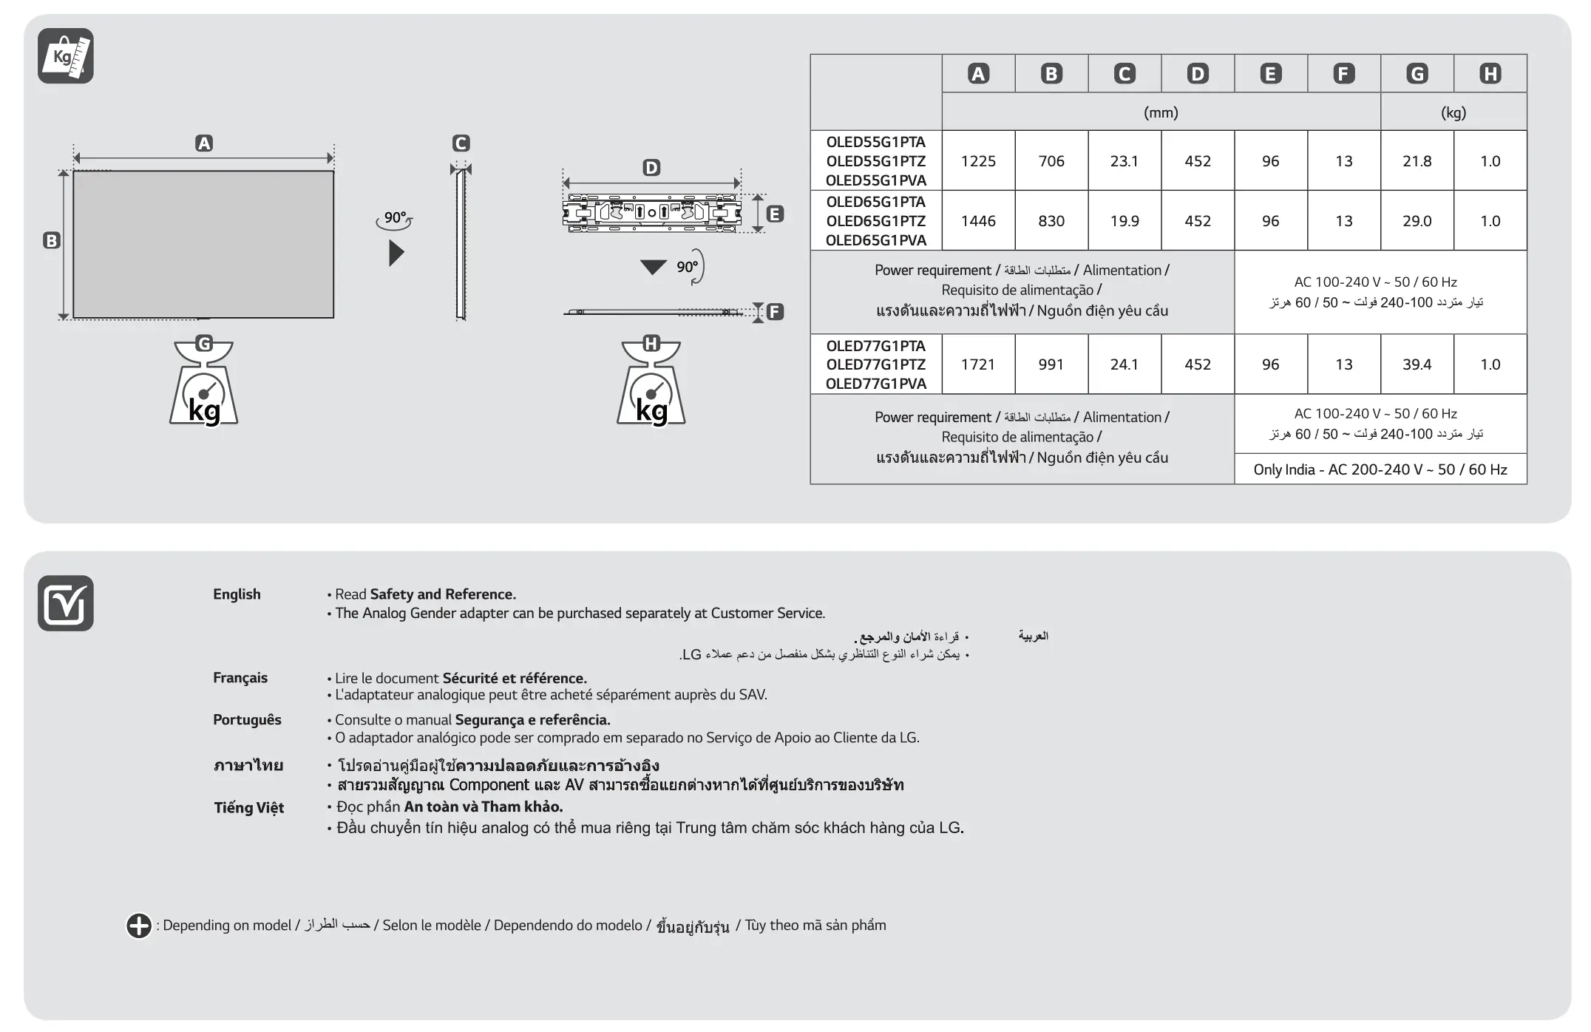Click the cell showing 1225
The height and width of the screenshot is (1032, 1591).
tap(978, 161)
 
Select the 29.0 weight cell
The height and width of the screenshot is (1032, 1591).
tap(1417, 221)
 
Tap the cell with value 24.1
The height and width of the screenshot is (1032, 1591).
tap(1124, 364)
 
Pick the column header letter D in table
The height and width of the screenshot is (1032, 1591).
tap(1197, 74)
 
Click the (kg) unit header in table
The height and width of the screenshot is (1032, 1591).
tap(1453, 112)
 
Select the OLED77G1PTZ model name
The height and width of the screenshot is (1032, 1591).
tap(875, 364)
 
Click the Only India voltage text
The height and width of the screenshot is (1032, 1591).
tap(1380, 469)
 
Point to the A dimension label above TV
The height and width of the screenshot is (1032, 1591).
tap(204, 143)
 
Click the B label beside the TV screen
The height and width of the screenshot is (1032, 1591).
tap(51, 240)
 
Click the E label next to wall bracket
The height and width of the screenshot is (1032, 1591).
tap(775, 214)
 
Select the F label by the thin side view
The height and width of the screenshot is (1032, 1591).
tap(775, 312)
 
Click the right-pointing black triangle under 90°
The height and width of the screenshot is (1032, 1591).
tap(396, 254)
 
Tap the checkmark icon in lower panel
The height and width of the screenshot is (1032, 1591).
tap(66, 603)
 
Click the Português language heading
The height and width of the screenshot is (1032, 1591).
tap(247, 720)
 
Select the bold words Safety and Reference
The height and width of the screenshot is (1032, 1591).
tap(442, 594)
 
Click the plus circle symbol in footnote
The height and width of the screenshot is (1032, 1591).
tap(138, 926)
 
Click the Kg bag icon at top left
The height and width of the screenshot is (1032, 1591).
tap(66, 56)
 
